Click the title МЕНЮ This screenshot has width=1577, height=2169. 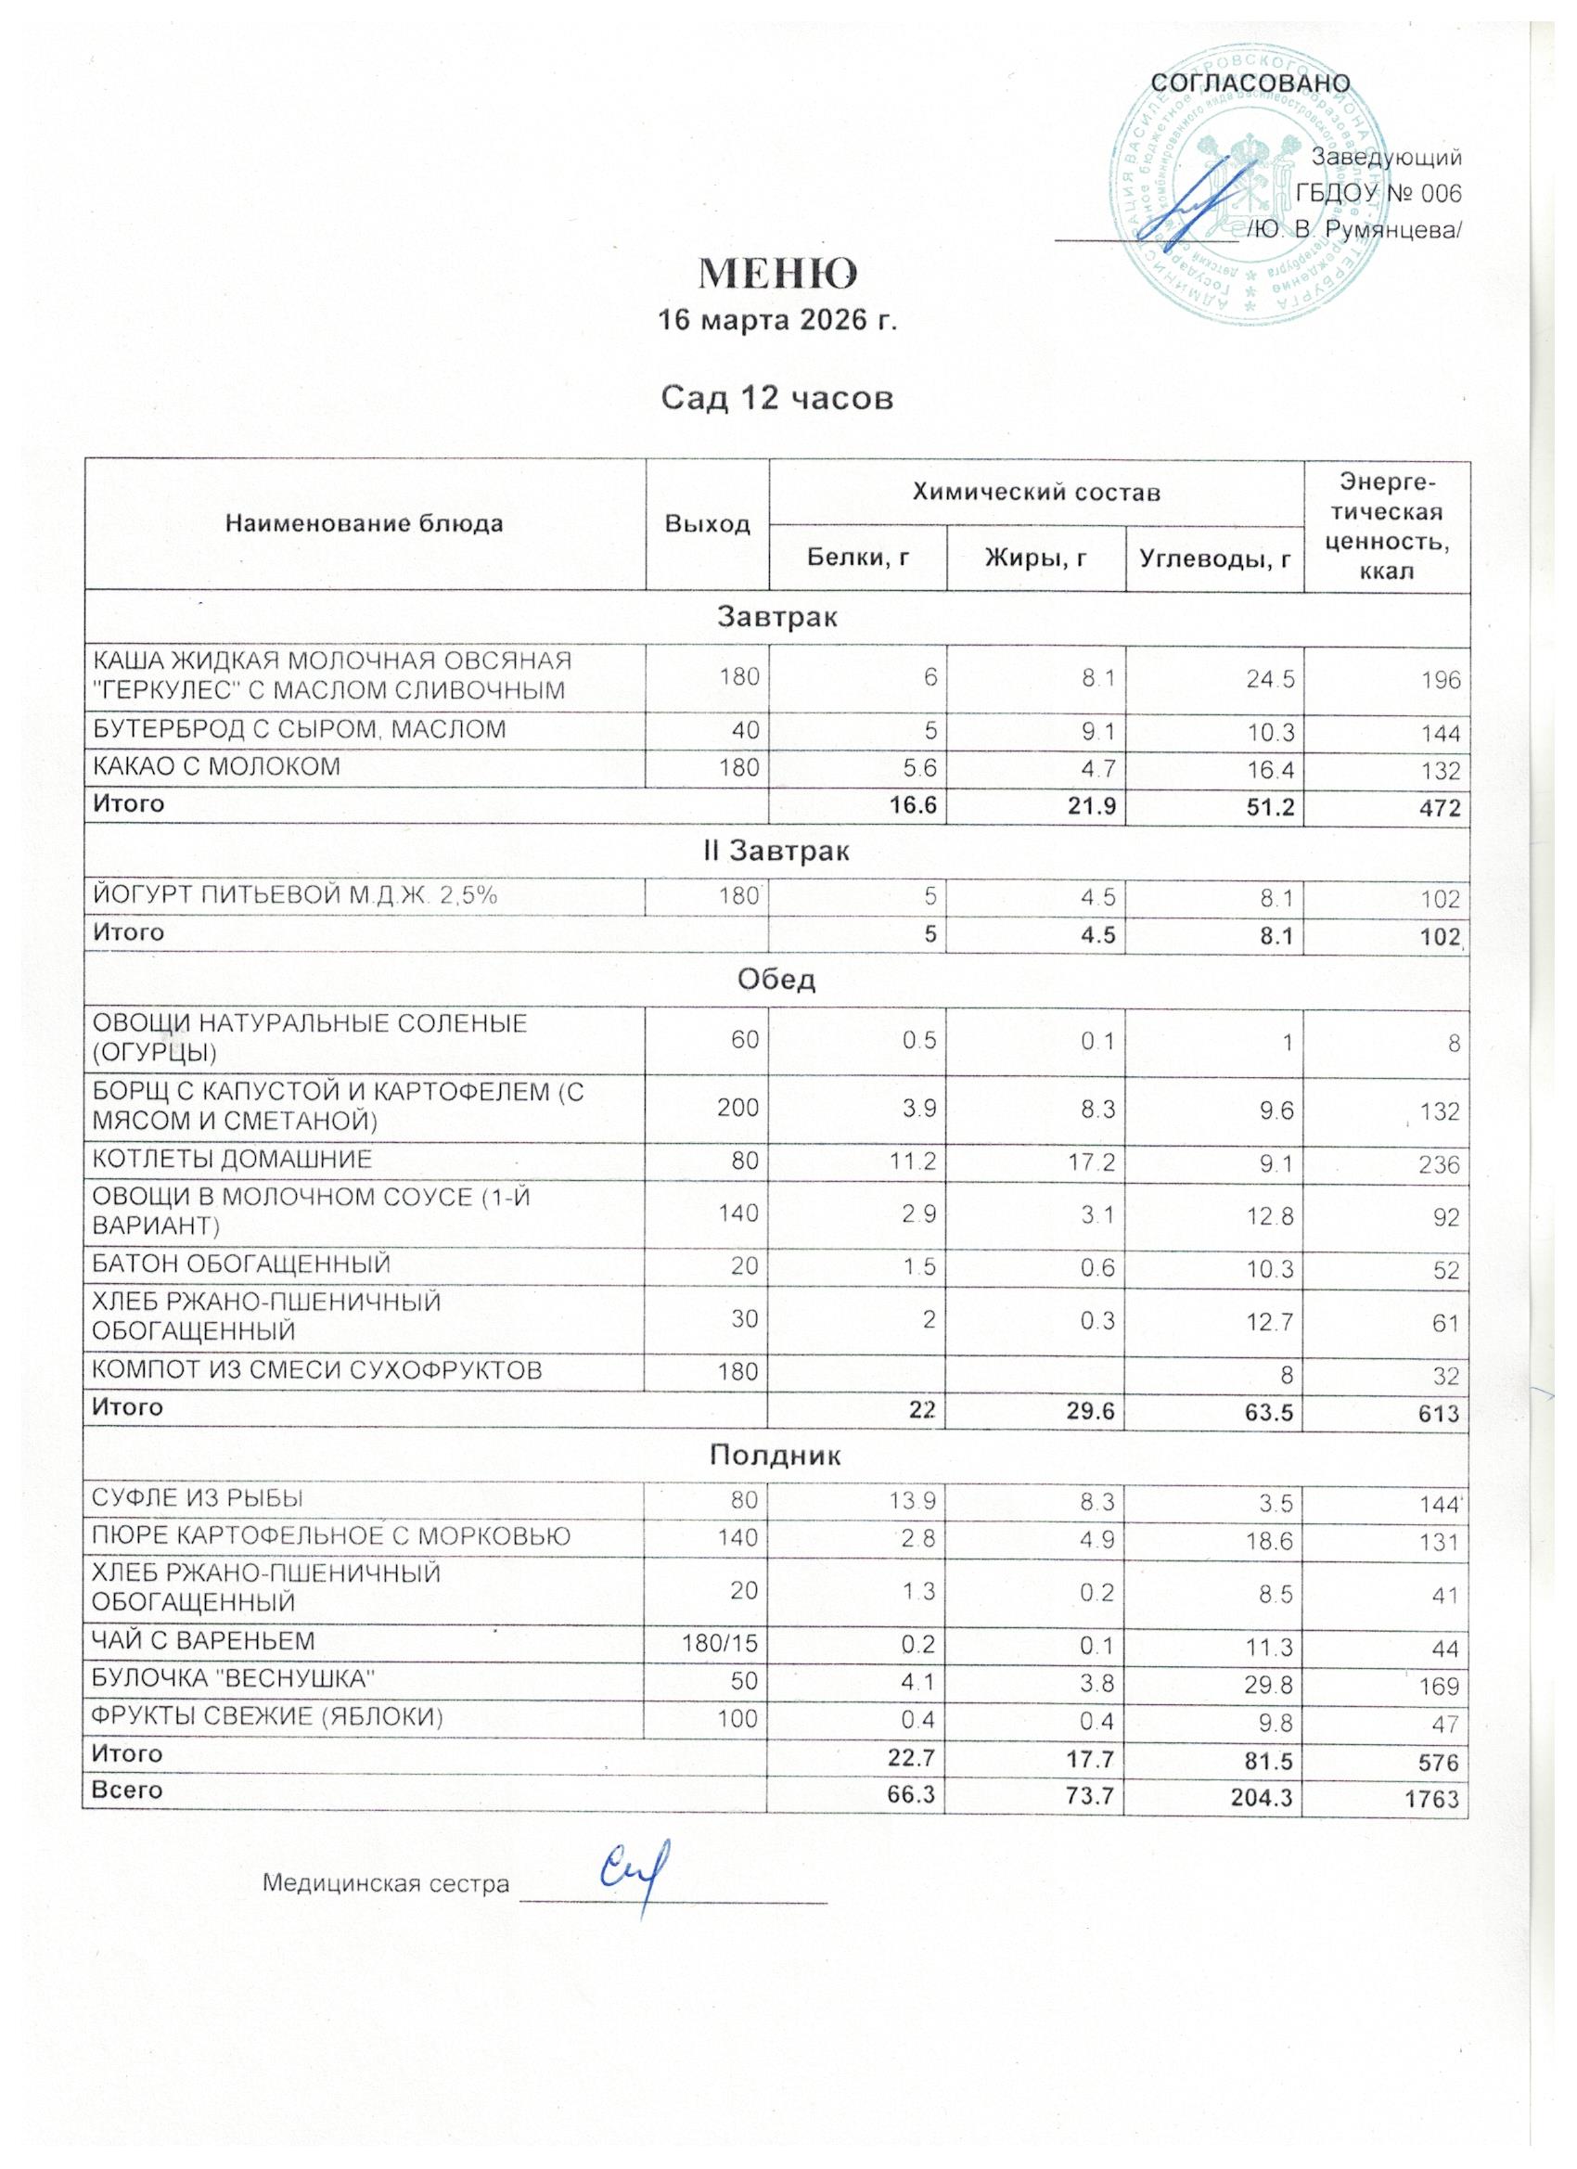point(777,275)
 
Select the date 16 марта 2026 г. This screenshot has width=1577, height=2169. point(777,320)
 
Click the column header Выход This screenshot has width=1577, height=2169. point(707,525)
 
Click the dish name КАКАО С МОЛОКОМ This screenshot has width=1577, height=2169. point(216,766)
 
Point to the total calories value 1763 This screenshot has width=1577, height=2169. point(1430,1800)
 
